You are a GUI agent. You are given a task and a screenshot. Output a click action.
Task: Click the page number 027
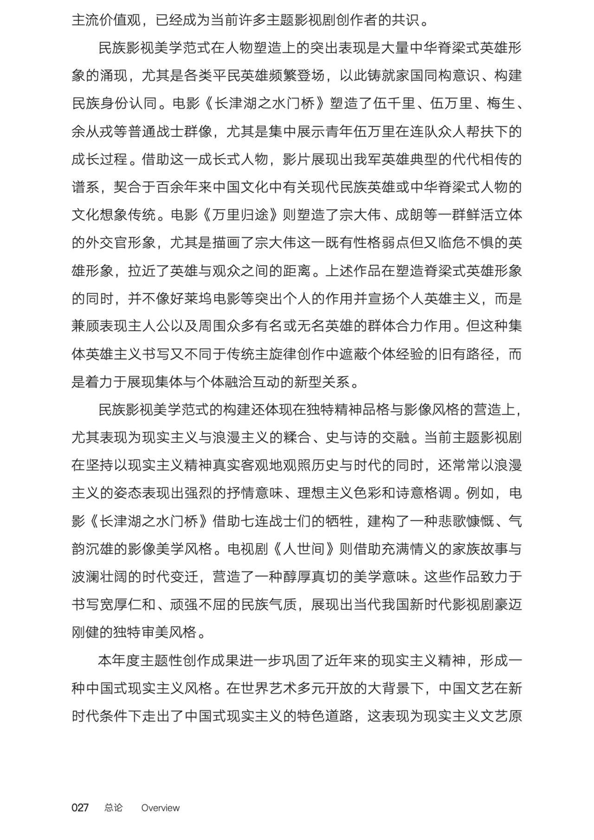coord(80,808)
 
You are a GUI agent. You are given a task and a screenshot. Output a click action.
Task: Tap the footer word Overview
coord(160,808)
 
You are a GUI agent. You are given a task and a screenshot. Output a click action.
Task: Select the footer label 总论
coord(114,808)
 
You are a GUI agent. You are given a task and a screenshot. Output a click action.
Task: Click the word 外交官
coord(107,243)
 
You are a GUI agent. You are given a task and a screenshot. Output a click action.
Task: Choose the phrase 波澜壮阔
coord(100,577)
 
